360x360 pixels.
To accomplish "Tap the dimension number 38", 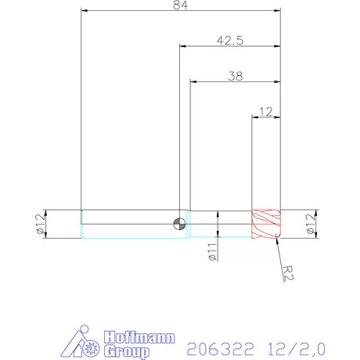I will (234, 77).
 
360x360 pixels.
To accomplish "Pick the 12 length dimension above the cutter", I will (265, 112).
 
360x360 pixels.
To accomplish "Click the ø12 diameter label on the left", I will (38, 224).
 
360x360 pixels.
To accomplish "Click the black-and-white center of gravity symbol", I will (180, 224).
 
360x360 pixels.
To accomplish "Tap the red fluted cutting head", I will (265, 224).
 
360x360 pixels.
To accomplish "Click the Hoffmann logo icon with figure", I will (78, 341).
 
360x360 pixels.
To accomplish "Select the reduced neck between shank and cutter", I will (219, 224).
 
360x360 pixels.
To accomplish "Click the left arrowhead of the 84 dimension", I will (85, 11).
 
